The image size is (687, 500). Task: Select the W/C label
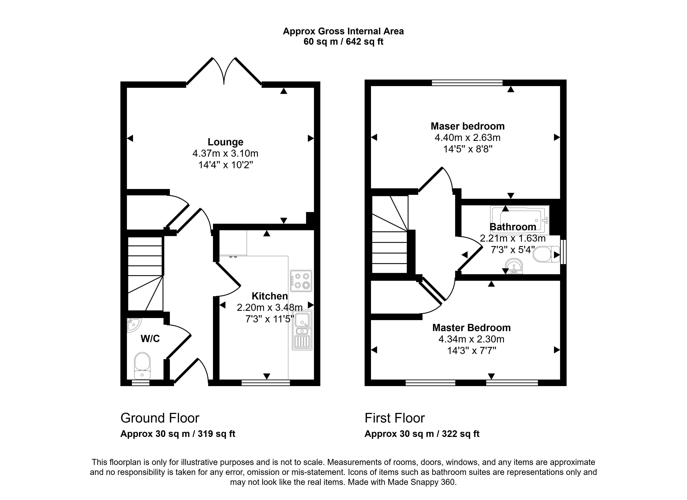coord(150,338)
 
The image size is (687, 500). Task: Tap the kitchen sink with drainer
coord(302,331)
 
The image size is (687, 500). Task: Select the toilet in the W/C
coord(142,365)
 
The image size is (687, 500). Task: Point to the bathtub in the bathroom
coord(520,219)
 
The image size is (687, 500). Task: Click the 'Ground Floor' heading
coord(160,418)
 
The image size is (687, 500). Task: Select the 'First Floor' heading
coord(395,418)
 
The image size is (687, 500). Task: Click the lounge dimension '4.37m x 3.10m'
coord(225,153)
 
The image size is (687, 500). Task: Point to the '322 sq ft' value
coord(460,434)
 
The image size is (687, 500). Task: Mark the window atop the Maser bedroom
coord(467,83)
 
